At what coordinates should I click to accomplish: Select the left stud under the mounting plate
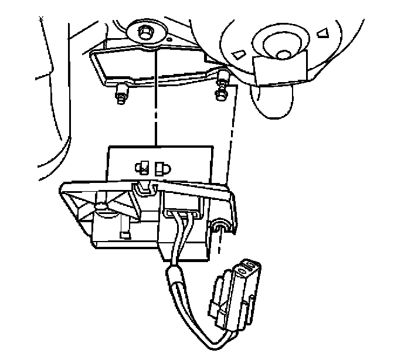click(x=121, y=93)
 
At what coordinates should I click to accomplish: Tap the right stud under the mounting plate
click(x=222, y=91)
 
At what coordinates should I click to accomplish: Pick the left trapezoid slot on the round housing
click(x=239, y=54)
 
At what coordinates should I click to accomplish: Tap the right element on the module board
click(x=162, y=169)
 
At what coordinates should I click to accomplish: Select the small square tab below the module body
click(x=124, y=235)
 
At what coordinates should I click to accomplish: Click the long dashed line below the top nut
click(x=153, y=94)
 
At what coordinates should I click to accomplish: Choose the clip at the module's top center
click(x=144, y=188)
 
